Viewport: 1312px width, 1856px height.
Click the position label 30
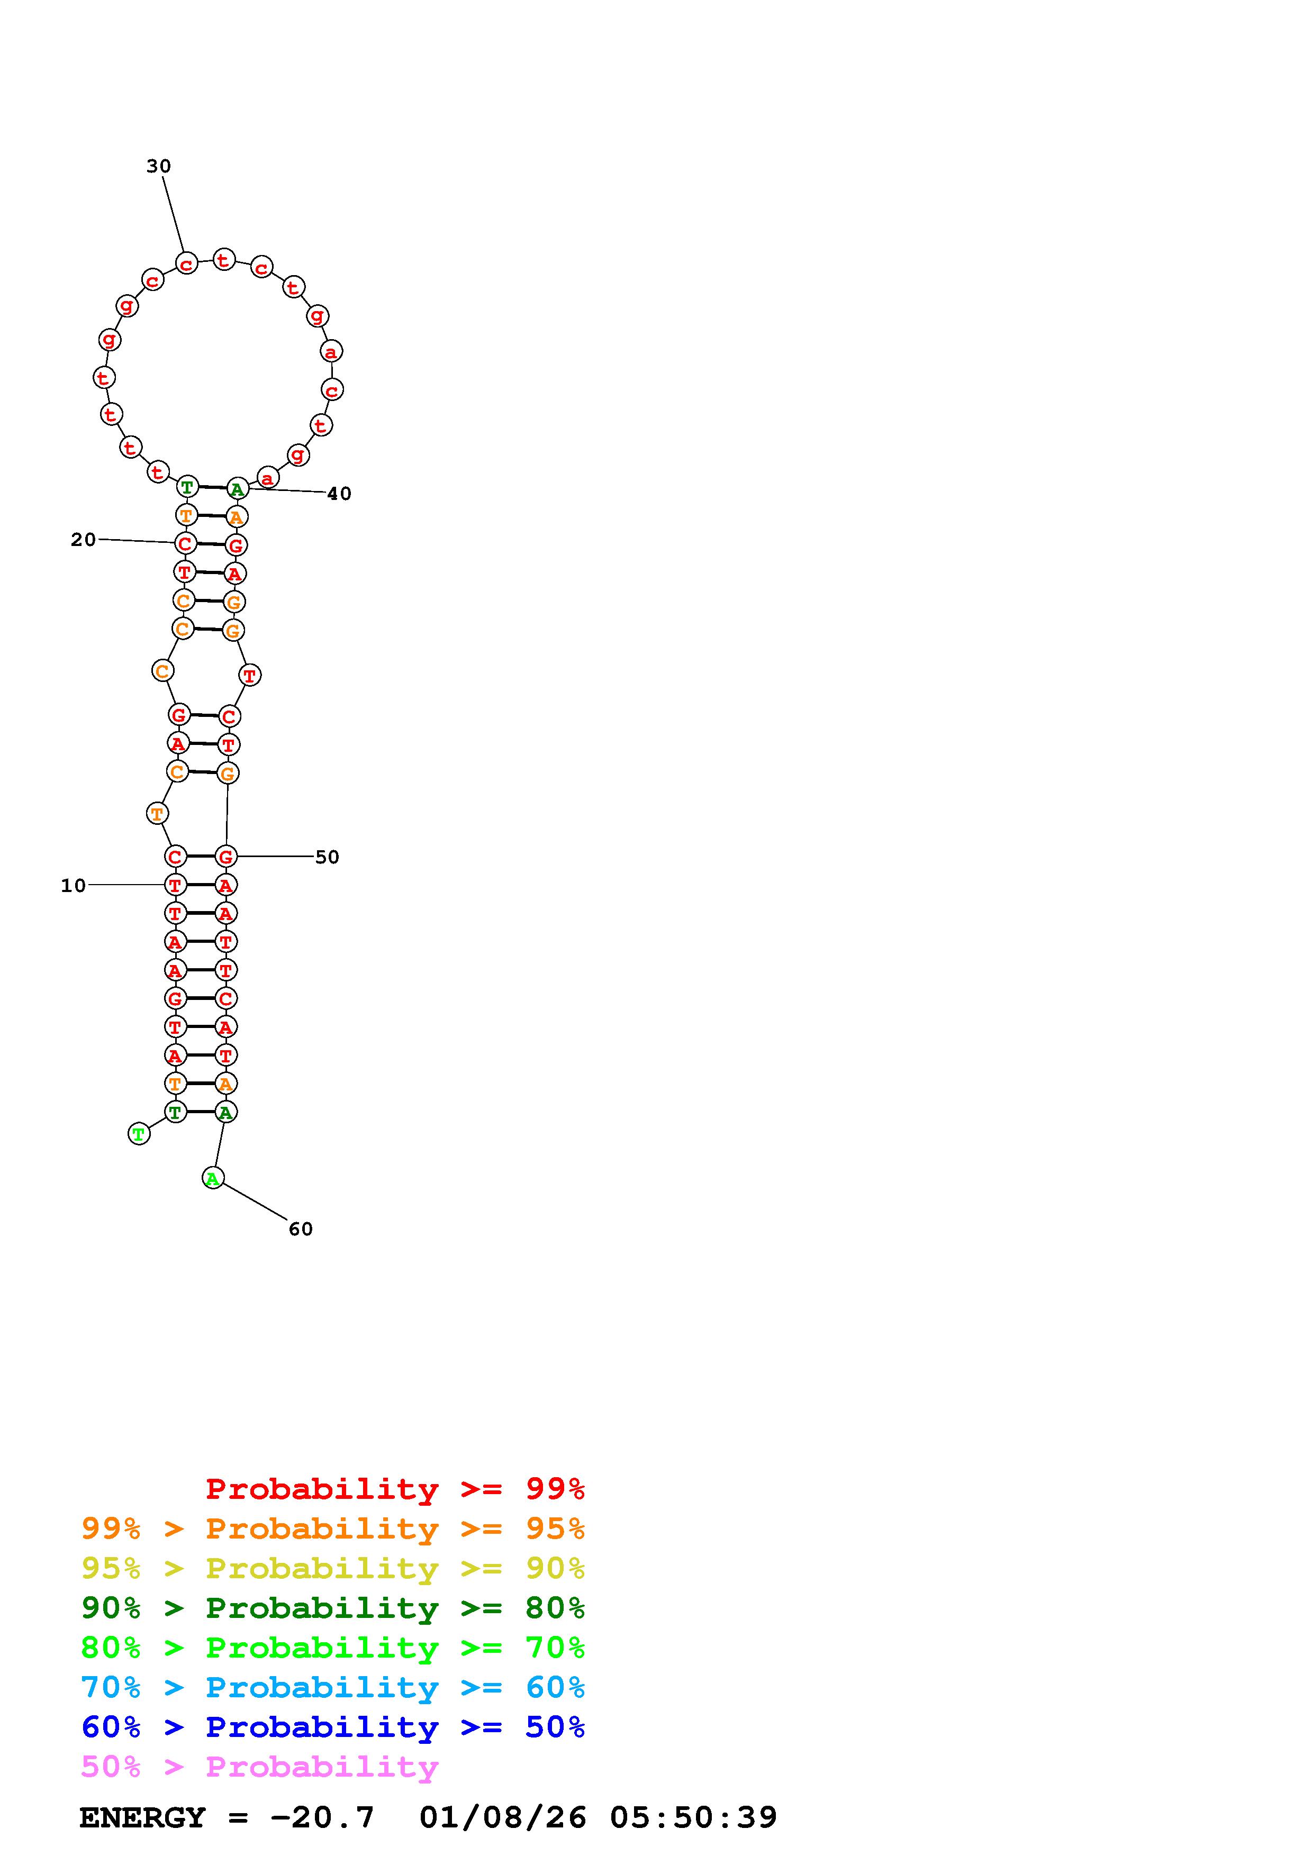pos(158,166)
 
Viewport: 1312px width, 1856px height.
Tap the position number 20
pos(83,539)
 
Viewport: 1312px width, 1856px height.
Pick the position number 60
pos(301,1229)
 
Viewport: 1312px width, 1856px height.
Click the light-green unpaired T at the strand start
pos(139,1134)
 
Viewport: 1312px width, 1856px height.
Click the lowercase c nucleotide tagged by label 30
pos(187,263)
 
